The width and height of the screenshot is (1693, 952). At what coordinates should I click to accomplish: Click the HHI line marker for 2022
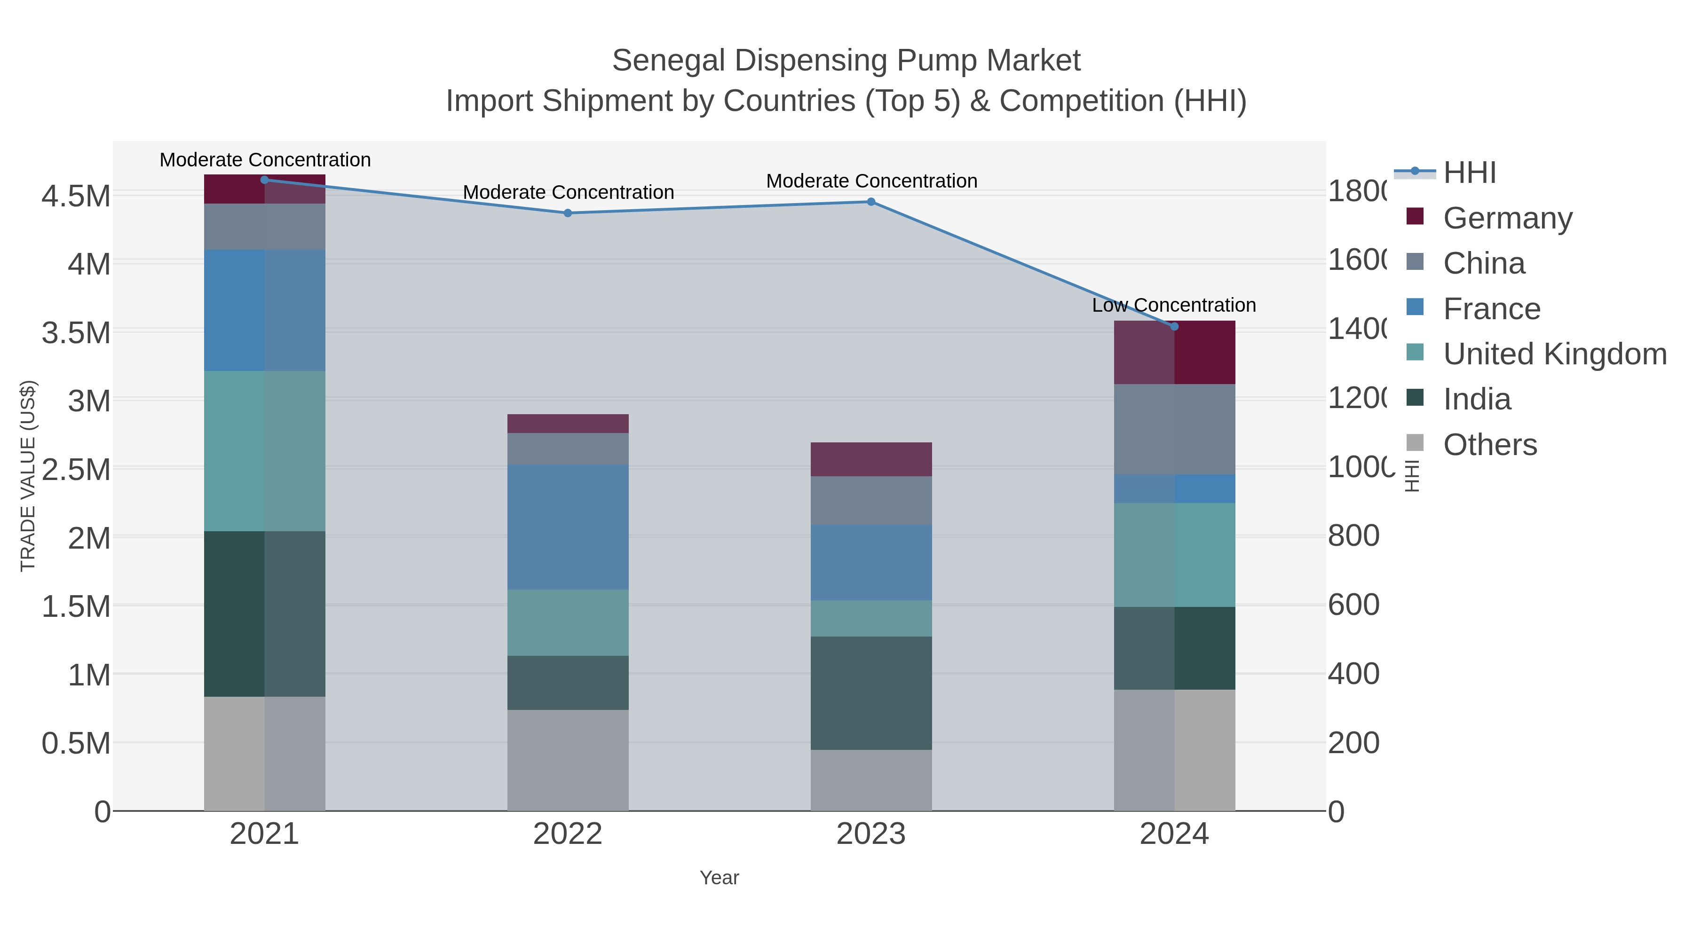pyautogui.click(x=568, y=213)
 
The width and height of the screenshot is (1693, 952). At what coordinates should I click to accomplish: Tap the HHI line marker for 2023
pyautogui.click(x=871, y=202)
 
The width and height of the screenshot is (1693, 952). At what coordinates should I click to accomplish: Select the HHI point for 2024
pyautogui.click(x=1174, y=327)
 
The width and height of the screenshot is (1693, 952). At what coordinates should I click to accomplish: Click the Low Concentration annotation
pyautogui.click(x=1174, y=306)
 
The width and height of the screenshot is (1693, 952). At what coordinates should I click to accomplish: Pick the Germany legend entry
pyautogui.click(x=1507, y=218)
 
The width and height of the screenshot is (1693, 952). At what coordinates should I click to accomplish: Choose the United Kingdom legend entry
pyautogui.click(x=1554, y=354)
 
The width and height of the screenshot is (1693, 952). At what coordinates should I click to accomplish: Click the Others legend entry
pyautogui.click(x=1490, y=445)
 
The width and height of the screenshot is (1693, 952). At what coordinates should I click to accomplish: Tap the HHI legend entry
pyautogui.click(x=1470, y=173)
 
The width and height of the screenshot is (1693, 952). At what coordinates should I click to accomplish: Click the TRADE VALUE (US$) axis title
pyautogui.click(x=28, y=476)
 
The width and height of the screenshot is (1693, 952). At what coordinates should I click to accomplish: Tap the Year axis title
pyautogui.click(x=719, y=878)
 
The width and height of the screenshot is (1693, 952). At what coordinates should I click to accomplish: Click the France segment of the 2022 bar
pyautogui.click(x=568, y=527)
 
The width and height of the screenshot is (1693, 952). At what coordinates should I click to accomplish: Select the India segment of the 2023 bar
pyautogui.click(x=871, y=692)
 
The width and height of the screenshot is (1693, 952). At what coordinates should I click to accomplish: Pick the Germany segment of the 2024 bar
pyautogui.click(x=1174, y=352)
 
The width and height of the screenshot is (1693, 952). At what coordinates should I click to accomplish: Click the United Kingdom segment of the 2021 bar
pyautogui.click(x=264, y=451)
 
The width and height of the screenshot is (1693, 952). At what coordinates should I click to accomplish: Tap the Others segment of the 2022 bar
pyautogui.click(x=568, y=760)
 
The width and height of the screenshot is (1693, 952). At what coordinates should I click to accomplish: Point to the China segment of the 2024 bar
pyautogui.click(x=1174, y=429)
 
